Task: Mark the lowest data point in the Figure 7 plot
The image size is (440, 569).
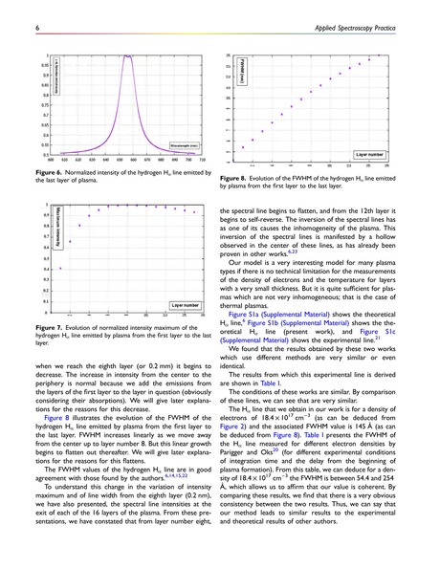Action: coord(60,269)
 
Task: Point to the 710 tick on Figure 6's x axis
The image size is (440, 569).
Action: coord(205,160)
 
